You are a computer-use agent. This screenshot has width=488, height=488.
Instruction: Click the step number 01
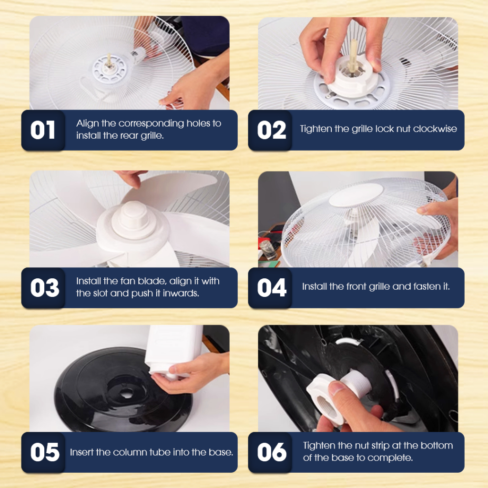[x=42, y=130]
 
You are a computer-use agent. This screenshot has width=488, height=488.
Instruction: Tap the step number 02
[x=271, y=130]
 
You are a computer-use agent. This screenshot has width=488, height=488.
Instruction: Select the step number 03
[x=44, y=287]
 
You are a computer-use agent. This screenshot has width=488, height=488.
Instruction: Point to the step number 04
[x=272, y=287]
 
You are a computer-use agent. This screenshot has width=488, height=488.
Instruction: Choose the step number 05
[x=45, y=452]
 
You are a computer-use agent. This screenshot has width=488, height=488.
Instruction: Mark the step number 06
[x=272, y=452]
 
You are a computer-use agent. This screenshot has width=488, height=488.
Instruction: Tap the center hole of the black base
[x=126, y=394]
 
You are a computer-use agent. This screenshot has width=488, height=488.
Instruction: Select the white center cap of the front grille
[x=356, y=194]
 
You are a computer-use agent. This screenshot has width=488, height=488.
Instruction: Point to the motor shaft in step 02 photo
[x=353, y=56]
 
